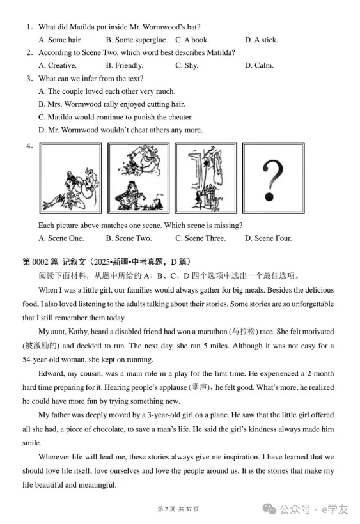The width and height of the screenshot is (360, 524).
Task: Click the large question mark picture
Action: (x=273, y=177)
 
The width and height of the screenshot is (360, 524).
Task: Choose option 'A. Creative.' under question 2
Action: (x=58, y=65)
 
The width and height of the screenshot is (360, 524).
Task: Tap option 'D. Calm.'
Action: (x=259, y=65)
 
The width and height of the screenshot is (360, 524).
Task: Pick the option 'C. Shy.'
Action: (x=187, y=65)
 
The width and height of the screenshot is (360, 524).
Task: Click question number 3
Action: (x=29, y=79)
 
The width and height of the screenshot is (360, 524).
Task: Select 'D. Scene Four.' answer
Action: (x=268, y=238)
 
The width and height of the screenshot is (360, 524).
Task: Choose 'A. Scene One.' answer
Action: (x=61, y=238)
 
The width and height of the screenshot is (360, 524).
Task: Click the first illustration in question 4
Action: (x=70, y=177)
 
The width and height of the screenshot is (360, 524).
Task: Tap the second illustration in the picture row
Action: (x=138, y=177)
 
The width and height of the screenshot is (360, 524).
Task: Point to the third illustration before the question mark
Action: (x=205, y=177)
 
